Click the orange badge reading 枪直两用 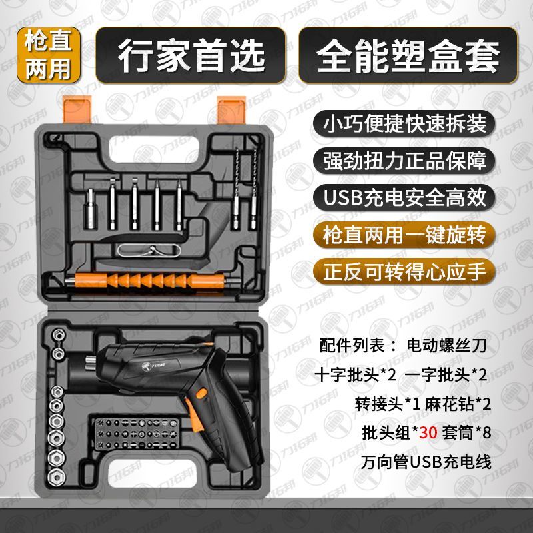pyautogui.click(x=49, y=55)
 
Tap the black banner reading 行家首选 pyautogui.click(x=191, y=55)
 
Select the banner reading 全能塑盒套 pyautogui.click(x=408, y=55)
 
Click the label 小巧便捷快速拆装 pyautogui.click(x=404, y=123)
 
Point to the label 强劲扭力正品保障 pyautogui.click(x=404, y=160)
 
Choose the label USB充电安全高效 pyautogui.click(x=404, y=197)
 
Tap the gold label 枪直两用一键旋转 pyautogui.click(x=404, y=235)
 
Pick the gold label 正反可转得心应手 pyautogui.click(x=404, y=272)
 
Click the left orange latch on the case pyautogui.click(x=77, y=109)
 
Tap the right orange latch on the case pyautogui.click(x=231, y=109)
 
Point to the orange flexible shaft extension pyautogui.click(x=149, y=280)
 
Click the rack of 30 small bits pyautogui.click(x=137, y=434)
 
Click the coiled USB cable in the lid pyautogui.click(x=149, y=251)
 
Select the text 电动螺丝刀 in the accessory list pyautogui.click(x=446, y=345)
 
